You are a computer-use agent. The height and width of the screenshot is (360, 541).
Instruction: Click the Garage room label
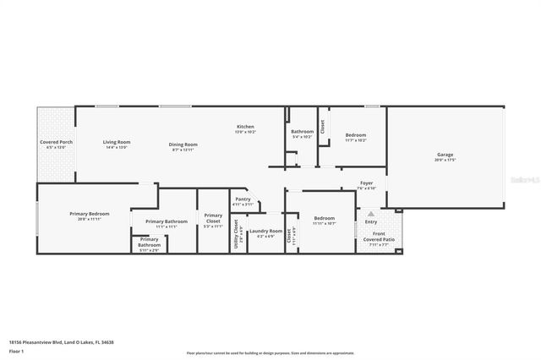pos(445,155)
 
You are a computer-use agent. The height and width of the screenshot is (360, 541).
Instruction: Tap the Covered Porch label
pos(56,142)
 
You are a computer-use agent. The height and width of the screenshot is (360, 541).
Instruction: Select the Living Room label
pos(116,142)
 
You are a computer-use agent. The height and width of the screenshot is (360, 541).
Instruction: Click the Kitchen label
pos(245,127)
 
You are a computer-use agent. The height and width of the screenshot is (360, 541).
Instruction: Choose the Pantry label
pos(243,199)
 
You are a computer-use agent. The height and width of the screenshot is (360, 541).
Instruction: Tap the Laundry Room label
pos(265,231)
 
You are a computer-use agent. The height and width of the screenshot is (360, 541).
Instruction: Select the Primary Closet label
pos(213,217)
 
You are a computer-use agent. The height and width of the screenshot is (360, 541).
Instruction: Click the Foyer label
pos(366,183)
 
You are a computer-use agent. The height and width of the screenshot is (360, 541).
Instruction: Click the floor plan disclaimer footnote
pos(270,352)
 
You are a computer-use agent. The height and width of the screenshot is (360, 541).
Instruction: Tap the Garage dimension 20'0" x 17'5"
pos(445,161)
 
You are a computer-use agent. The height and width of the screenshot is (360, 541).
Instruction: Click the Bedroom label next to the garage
pos(355,135)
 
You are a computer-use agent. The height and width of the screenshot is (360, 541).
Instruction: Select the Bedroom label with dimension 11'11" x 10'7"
pos(325,218)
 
